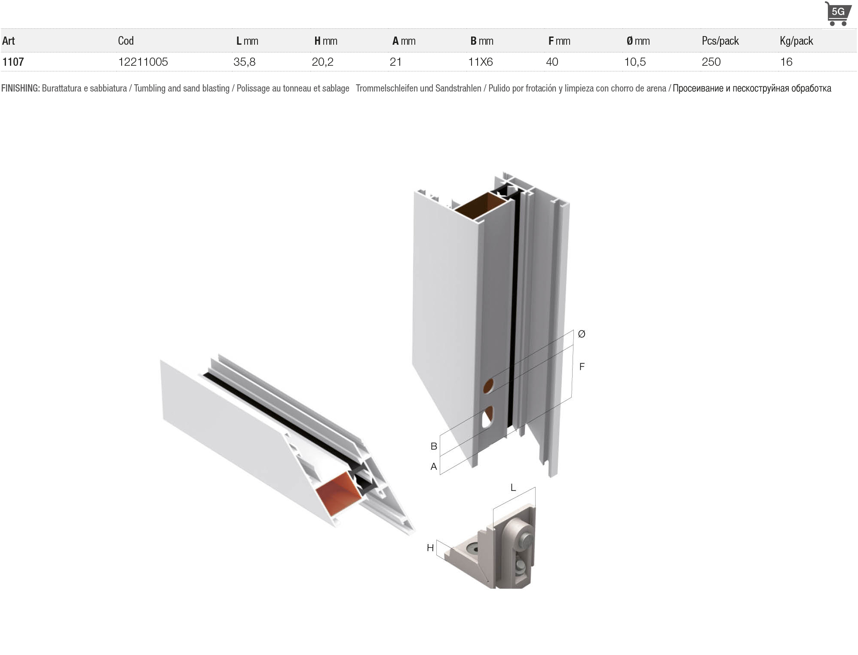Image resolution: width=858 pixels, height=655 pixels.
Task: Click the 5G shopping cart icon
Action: tap(838, 13)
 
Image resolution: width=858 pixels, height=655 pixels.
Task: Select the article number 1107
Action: tap(13, 62)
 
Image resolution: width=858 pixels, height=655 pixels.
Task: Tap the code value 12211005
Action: tap(143, 62)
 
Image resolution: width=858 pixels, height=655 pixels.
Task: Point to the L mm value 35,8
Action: tap(244, 62)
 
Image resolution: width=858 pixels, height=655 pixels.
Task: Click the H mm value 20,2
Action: tap(322, 62)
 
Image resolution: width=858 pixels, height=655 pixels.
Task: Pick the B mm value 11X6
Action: tap(480, 62)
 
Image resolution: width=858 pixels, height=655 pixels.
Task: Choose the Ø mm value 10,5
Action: tap(635, 62)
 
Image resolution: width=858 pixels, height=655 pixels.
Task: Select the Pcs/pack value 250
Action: tap(711, 62)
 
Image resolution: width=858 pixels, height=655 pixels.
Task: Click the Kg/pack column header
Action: tap(796, 41)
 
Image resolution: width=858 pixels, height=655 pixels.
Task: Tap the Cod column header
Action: tap(126, 41)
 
